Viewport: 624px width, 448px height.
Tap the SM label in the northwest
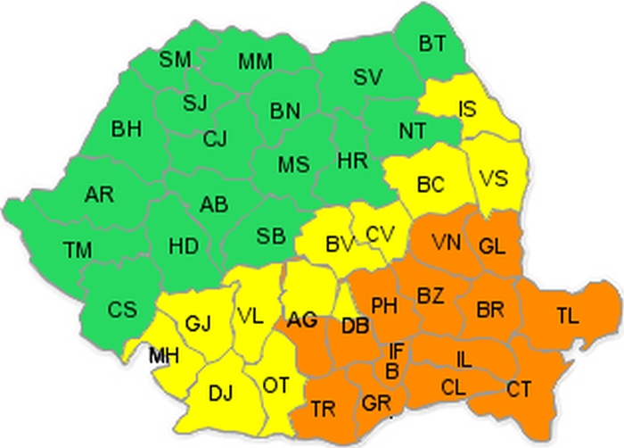click(x=176, y=60)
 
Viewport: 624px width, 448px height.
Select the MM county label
click(x=256, y=62)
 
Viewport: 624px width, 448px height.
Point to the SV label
click(x=366, y=78)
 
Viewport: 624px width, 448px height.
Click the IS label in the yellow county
click(x=467, y=110)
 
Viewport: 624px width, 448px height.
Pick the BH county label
click(x=127, y=129)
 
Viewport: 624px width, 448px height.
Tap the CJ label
click(x=215, y=138)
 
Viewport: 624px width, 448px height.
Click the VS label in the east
click(x=492, y=177)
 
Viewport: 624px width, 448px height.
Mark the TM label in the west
click(x=78, y=249)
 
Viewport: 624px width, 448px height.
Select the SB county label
click(x=271, y=236)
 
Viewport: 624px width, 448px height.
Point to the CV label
click(x=381, y=235)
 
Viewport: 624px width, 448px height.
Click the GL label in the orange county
click(x=493, y=245)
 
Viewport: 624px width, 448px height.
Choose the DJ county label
click(x=220, y=391)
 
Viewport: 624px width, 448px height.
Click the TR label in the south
click(x=324, y=410)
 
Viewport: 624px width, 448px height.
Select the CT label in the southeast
click(x=519, y=389)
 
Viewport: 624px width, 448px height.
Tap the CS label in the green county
click(x=122, y=310)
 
